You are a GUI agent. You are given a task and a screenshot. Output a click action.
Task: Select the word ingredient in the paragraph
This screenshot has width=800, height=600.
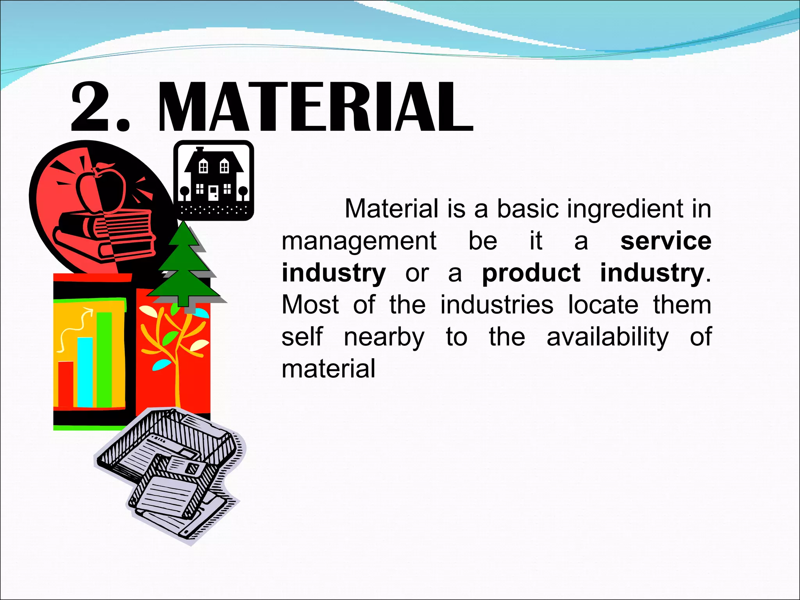(x=626, y=210)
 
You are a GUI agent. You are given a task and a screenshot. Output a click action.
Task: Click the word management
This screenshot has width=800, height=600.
(x=359, y=242)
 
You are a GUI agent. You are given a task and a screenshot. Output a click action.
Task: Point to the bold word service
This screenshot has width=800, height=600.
(x=666, y=241)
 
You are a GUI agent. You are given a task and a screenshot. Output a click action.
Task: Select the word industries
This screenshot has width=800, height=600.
(x=497, y=305)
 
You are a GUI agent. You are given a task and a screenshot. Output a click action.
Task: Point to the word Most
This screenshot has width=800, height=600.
(x=310, y=305)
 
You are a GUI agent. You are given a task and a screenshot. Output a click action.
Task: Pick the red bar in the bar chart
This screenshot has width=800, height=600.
(x=66, y=384)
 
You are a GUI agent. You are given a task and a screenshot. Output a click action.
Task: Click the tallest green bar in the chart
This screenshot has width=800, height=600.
(x=104, y=359)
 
